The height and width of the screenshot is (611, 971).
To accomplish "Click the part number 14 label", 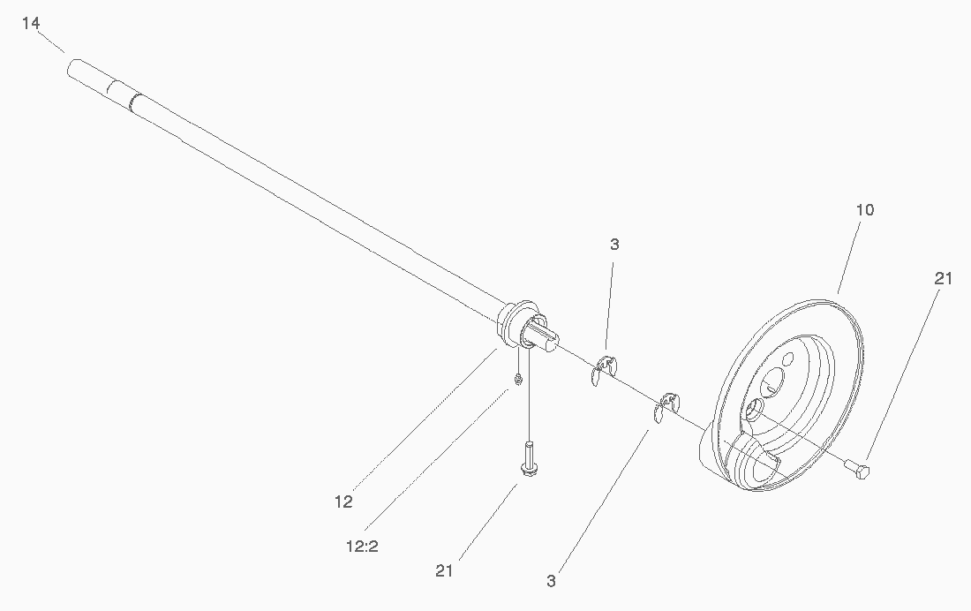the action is tap(31, 24).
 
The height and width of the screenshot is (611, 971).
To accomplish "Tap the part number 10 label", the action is tap(864, 210).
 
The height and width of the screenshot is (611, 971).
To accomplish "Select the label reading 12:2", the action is tap(362, 547).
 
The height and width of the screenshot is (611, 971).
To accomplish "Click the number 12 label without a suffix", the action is tap(343, 502).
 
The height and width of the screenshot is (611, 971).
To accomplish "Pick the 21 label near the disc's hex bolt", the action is tap(943, 279).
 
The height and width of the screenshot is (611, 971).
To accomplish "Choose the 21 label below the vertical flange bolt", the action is tap(444, 570).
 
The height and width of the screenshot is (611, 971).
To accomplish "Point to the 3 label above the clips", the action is tap(614, 245).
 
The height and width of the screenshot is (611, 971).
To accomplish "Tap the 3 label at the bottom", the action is tap(551, 581).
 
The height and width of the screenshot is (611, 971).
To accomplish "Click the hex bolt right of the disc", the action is tap(857, 468).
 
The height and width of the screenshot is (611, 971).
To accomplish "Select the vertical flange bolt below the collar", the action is tap(528, 458).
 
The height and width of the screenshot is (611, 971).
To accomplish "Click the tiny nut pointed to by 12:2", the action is tap(517, 379).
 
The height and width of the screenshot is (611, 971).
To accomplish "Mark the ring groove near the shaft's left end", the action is tap(134, 102).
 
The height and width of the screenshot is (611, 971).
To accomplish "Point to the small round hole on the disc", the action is tap(788, 358).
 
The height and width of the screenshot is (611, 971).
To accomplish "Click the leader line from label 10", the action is tap(849, 256).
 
